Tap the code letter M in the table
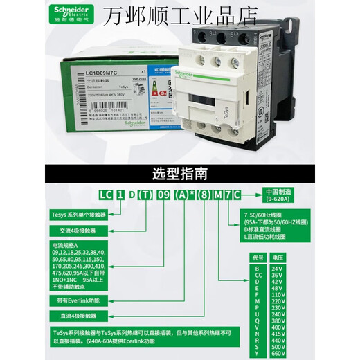[x=257, y=302]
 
